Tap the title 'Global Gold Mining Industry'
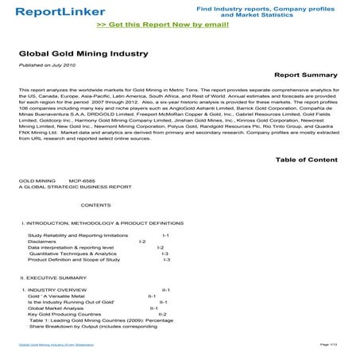pos(68,55)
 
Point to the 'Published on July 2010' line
pos(47,65)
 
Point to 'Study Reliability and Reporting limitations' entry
pos(77,236)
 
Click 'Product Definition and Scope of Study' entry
pos(73,260)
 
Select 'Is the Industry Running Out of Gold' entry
pos(71,302)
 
